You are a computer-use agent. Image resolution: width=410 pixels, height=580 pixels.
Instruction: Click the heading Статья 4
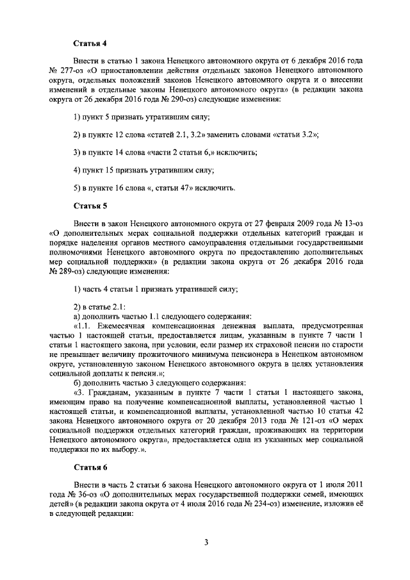point(88,44)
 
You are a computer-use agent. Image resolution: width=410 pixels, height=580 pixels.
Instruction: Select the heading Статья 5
point(88,206)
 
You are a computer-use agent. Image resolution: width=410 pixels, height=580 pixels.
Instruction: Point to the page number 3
point(207,543)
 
